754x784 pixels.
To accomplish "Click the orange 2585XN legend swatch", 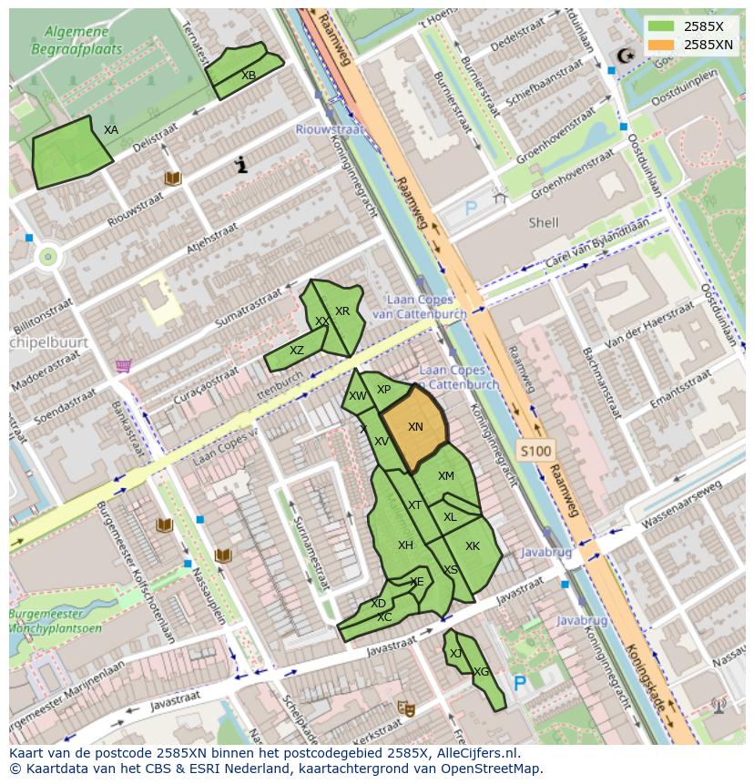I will coord(662,44).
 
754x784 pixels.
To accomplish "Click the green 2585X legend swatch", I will coord(662,26).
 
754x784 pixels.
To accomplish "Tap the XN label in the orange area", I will coord(415,427).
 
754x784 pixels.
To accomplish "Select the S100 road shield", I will coord(535,451).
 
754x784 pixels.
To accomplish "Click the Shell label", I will coord(544,222).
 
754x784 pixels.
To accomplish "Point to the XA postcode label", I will coord(111,130).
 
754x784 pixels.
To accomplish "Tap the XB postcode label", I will coord(249,76).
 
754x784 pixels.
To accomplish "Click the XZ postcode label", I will coord(297,351).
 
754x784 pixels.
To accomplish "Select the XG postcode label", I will coord(481,672).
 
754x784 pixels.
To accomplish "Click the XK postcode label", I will coord(473,546).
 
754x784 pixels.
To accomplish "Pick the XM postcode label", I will coord(445,476).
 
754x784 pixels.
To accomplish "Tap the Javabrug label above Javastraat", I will coord(545,553).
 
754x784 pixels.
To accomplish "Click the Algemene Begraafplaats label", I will coord(76,41).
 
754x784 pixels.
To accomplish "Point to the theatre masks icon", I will coord(405,708).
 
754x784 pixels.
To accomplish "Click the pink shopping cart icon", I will coord(123,366).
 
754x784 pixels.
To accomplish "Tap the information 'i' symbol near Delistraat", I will coord(241,165).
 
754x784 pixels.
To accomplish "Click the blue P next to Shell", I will coord(471,209).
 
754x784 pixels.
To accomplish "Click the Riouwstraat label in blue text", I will coord(329,129).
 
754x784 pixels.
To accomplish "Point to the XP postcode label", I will coord(383,390).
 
